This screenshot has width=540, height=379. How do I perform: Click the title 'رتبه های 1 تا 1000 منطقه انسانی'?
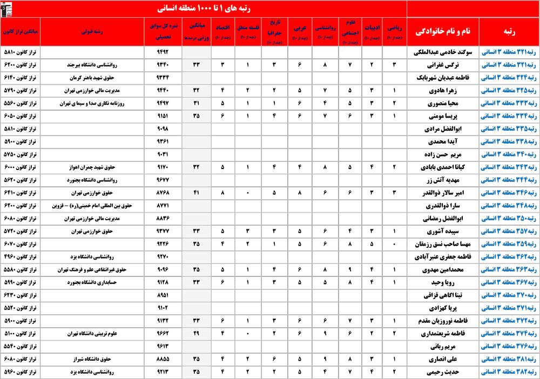pyautogui.click(x=204, y=9)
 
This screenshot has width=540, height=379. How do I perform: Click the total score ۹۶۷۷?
pyautogui.click(x=163, y=180)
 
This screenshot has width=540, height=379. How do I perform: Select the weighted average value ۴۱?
pyautogui.click(x=197, y=193)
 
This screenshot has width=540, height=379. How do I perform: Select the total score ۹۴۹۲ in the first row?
pyautogui.click(x=163, y=52)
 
